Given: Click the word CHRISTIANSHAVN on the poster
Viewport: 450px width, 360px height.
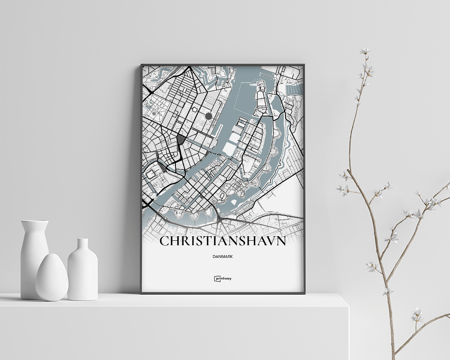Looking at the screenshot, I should [222, 241].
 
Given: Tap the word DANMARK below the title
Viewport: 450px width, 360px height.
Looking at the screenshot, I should [223, 257].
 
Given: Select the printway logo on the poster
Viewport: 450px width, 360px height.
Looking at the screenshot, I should [223, 279].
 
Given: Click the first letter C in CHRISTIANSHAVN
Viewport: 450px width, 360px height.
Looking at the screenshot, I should [165, 242].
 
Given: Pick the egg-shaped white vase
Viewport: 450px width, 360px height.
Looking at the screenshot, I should [52, 278].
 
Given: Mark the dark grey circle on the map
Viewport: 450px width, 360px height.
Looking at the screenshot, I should [208, 116].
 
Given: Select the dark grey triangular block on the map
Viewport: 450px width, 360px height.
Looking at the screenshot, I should [180, 139].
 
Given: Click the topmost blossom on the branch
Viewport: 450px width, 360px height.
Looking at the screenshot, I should [364, 51].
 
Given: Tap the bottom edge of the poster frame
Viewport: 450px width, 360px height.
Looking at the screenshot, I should [223, 293].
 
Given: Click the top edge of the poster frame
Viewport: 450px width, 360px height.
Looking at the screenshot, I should [223, 65].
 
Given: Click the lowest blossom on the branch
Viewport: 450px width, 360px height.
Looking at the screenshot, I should [417, 315].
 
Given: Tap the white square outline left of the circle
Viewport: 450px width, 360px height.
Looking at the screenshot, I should [194, 109].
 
